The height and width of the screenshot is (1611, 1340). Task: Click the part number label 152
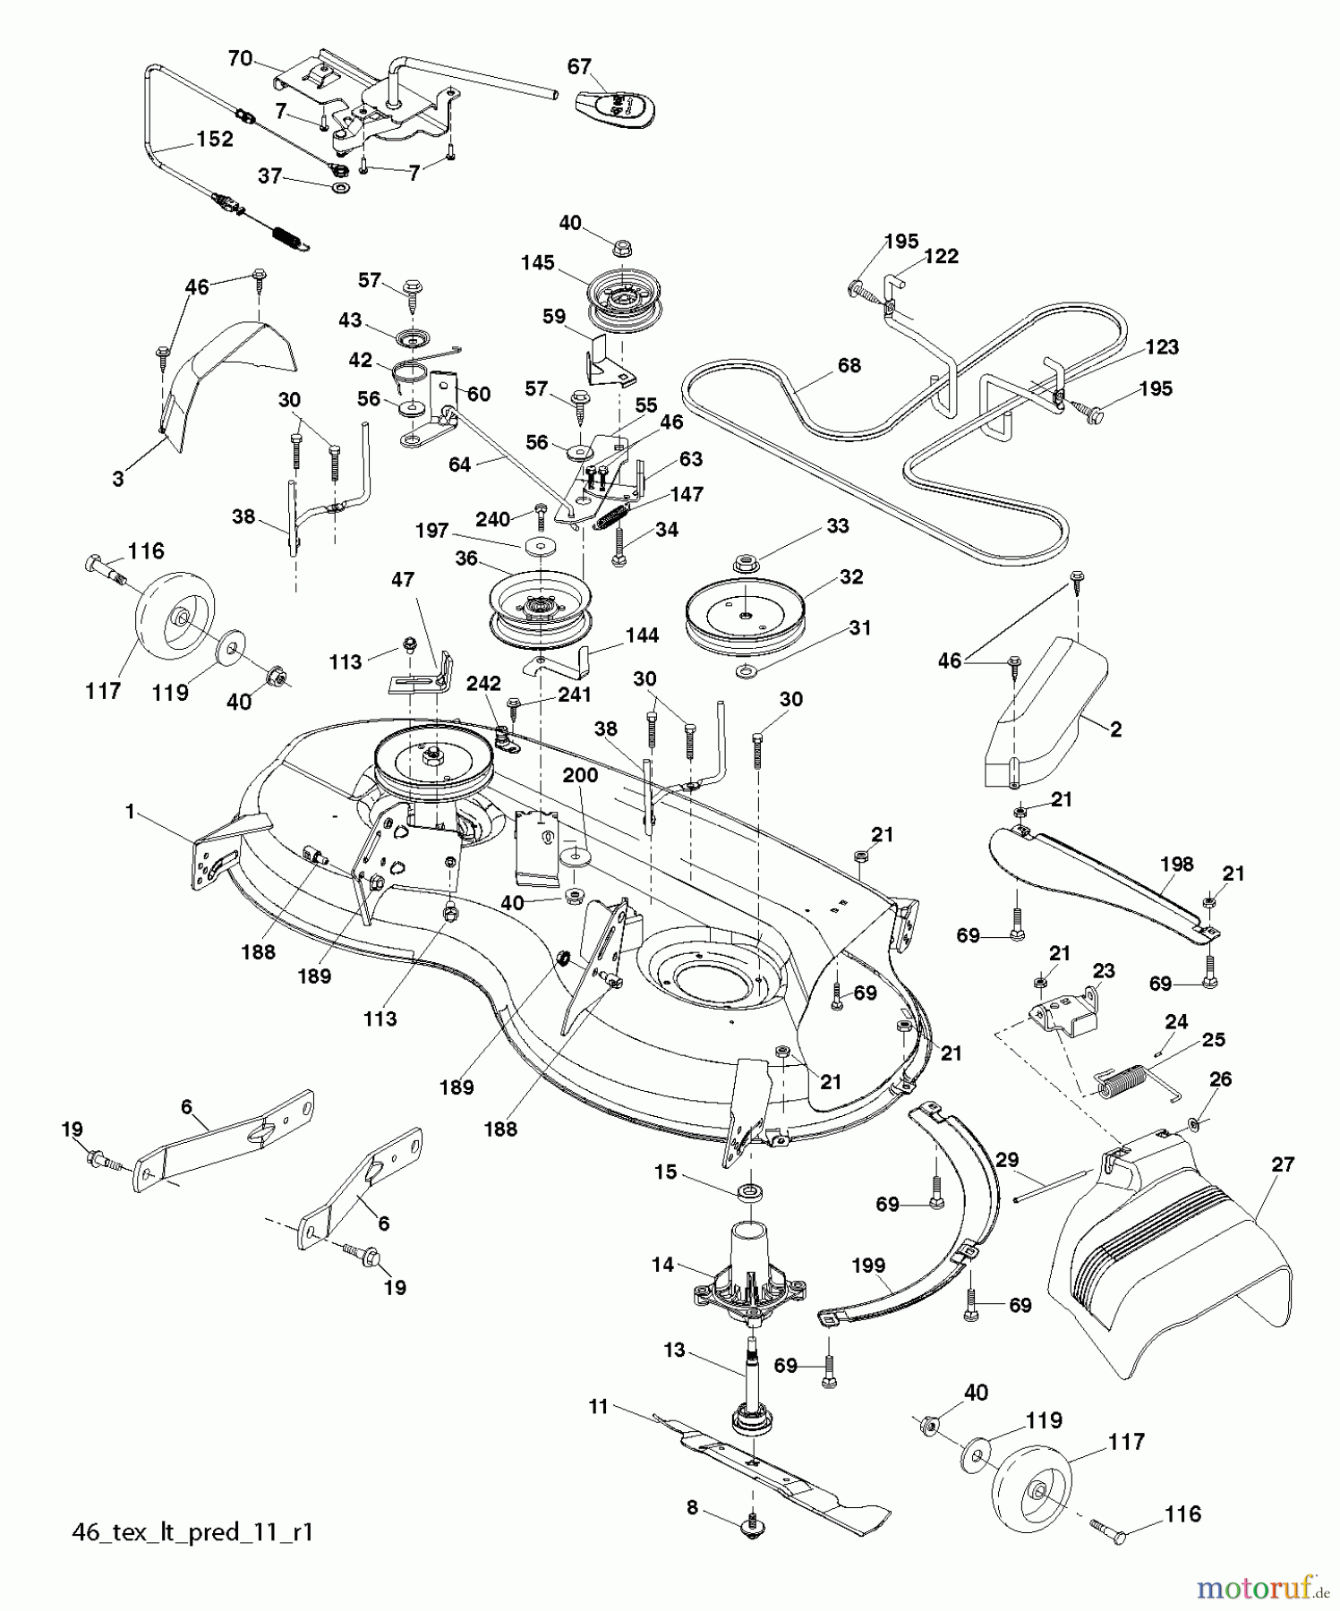(214, 139)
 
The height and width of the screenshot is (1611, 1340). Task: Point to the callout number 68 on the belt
(849, 365)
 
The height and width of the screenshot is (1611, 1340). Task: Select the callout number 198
(1176, 864)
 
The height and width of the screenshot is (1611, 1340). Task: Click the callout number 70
(240, 59)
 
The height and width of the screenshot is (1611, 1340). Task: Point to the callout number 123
(1161, 347)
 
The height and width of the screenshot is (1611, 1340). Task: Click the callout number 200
(579, 775)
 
